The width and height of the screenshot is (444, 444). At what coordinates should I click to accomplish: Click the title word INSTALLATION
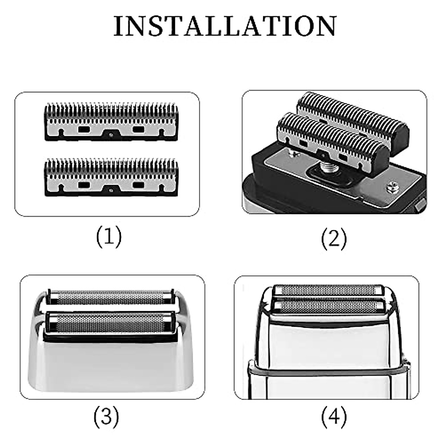point(225,26)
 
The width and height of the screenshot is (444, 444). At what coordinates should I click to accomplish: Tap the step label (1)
point(109,237)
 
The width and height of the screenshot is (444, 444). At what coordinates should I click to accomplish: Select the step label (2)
point(334,239)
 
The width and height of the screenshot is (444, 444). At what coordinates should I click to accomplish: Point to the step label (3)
point(106,417)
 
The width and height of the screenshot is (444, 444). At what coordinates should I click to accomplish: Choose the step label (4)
point(334,417)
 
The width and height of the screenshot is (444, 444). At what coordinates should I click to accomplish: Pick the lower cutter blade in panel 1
point(111,178)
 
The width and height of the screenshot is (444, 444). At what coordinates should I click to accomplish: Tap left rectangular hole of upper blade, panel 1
point(84,129)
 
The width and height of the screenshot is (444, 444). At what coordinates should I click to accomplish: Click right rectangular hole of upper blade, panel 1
point(138,129)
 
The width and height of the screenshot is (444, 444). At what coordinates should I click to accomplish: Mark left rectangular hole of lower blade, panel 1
point(84,185)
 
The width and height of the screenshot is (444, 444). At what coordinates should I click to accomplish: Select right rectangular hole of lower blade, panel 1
point(138,185)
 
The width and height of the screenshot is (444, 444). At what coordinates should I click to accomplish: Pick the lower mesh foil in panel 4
point(327,306)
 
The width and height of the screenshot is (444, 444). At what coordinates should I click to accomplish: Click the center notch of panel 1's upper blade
point(111,134)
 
